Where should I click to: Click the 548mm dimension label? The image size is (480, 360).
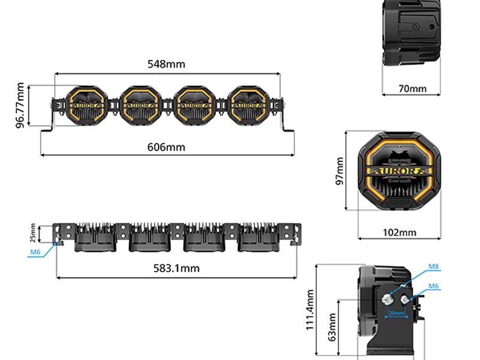click(x=166, y=64)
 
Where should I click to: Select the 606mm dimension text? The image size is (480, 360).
click(x=166, y=147)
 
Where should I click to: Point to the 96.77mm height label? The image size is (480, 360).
click(x=20, y=106)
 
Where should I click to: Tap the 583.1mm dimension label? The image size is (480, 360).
click(x=176, y=268)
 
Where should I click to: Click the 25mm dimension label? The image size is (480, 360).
click(x=33, y=233)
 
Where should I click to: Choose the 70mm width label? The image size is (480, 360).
click(x=412, y=89)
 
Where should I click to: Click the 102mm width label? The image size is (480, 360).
click(x=400, y=233)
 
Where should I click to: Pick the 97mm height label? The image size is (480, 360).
click(x=340, y=171)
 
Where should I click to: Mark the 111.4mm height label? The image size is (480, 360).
click(x=310, y=310)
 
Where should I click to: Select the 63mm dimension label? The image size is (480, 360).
click(x=332, y=327)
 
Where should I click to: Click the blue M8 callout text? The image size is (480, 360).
click(x=433, y=266)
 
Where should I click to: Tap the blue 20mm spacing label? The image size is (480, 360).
click(x=396, y=313)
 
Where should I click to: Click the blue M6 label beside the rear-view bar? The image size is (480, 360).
click(x=35, y=252)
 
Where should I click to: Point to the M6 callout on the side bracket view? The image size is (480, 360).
click(x=433, y=286)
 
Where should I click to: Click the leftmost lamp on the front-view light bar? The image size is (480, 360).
click(x=86, y=106)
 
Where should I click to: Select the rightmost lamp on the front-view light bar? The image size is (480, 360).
click(x=248, y=106)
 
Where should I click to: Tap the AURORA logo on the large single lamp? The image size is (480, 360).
click(x=399, y=171)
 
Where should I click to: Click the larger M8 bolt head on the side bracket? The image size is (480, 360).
click(x=387, y=299)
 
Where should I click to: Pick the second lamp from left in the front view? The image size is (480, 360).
click(x=140, y=106)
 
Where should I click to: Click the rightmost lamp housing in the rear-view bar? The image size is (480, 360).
click(x=259, y=238)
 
